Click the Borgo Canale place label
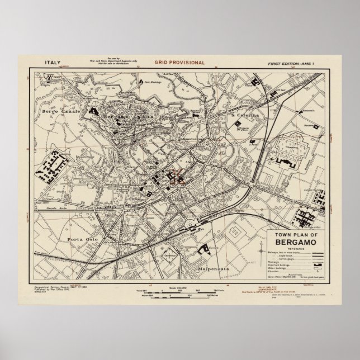pyautogui.click(x=57, y=112)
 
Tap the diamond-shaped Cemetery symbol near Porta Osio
pyautogui.click(x=167, y=254)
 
